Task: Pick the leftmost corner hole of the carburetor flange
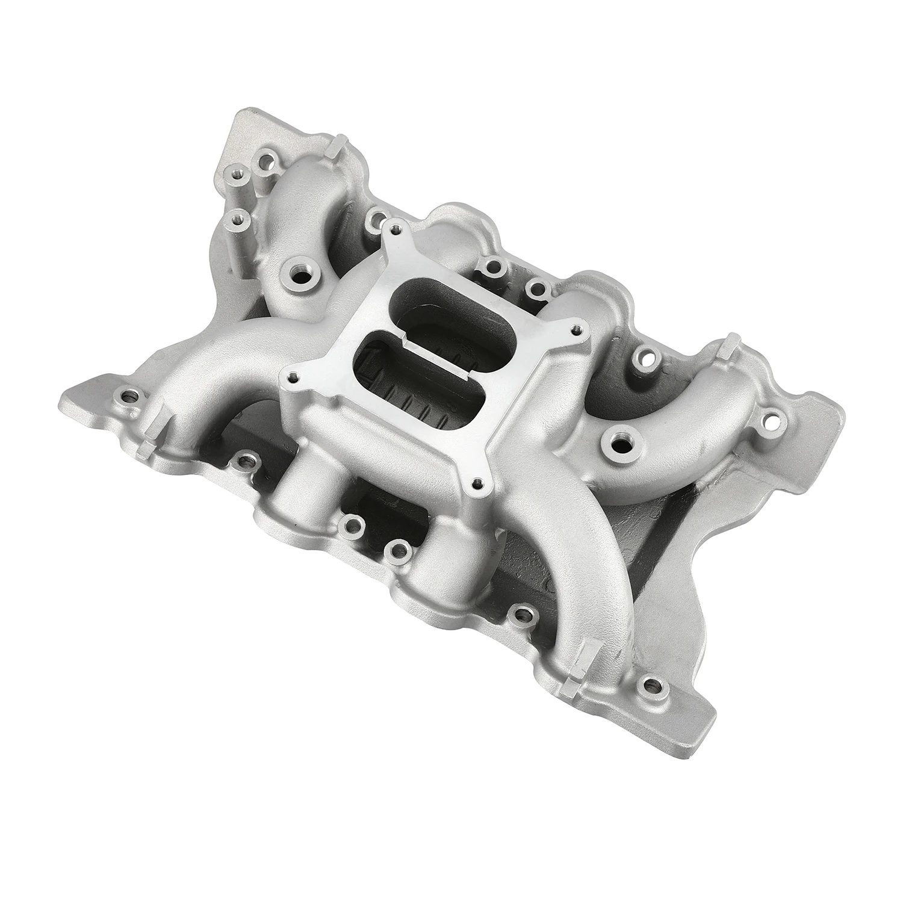click(x=293, y=377)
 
